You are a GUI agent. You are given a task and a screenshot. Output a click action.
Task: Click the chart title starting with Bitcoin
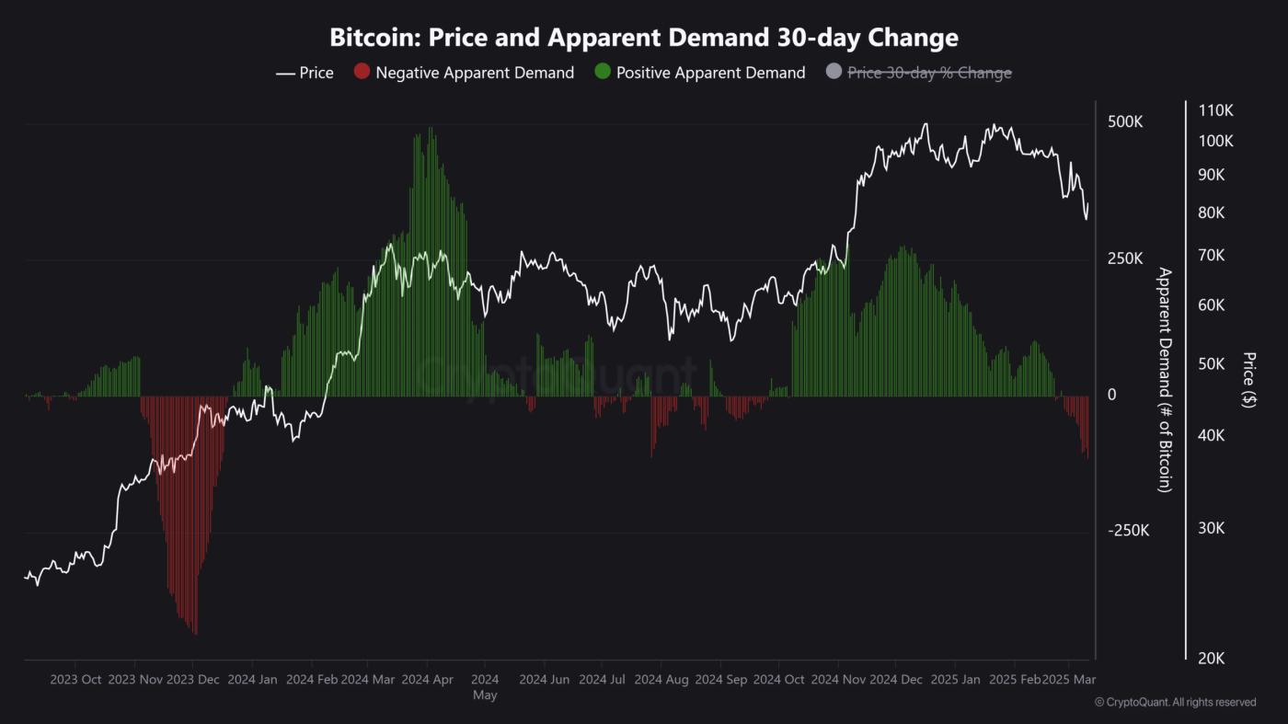click(644, 38)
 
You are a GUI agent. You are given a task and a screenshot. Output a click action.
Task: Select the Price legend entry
click(305, 73)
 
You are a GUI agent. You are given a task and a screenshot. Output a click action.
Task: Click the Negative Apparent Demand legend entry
click(464, 73)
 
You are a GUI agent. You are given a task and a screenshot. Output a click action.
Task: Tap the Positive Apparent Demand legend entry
click(700, 73)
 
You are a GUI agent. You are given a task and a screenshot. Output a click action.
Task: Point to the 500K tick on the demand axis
click(1125, 122)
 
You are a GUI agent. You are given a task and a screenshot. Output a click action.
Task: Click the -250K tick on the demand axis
click(1128, 531)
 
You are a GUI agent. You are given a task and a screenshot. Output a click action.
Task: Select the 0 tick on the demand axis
click(1112, 395)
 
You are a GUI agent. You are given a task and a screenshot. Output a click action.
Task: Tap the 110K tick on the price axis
click(1215, 110)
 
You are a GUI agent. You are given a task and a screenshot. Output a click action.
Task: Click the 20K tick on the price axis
click(1211, 658)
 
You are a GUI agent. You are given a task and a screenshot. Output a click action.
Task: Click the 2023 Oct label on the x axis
click(75, 680)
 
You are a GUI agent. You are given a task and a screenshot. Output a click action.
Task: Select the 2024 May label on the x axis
click(485, 687)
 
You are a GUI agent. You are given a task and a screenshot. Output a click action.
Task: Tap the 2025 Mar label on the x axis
click(1068, 680)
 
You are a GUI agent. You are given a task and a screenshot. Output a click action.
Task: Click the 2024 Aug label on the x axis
click(661, 680)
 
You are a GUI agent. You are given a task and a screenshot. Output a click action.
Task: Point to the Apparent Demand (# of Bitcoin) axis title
click(1164, 380)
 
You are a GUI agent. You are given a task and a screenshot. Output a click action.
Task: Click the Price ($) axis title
click(1248, 380)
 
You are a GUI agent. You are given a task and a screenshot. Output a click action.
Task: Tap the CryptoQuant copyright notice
click(1175, 702)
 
